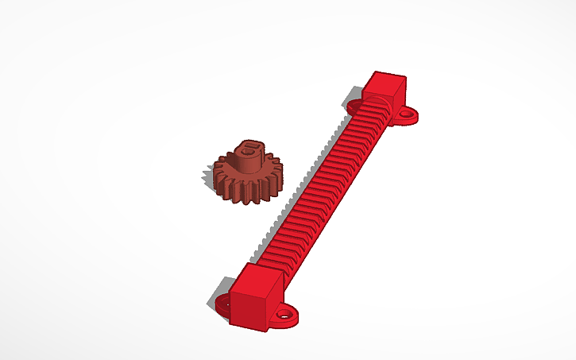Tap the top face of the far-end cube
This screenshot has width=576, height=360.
click(386, 79)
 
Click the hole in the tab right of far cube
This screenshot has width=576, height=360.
click(408, 115)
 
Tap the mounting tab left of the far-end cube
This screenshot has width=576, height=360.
click(354, 106)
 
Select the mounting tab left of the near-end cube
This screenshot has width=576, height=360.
click(222, 303)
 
